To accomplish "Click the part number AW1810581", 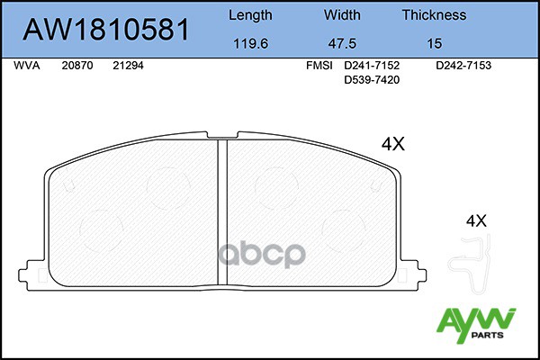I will [105, 30].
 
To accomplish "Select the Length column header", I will [249, 14].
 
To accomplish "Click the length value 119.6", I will [249, 42].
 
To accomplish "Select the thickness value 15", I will [433, 42].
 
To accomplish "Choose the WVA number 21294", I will [128, 66].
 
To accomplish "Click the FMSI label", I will [319, 66].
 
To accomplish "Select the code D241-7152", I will [372, 66].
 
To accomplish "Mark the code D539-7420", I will [372, 80].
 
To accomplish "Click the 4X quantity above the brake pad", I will [393, 144].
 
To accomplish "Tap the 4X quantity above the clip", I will [475, 220].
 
